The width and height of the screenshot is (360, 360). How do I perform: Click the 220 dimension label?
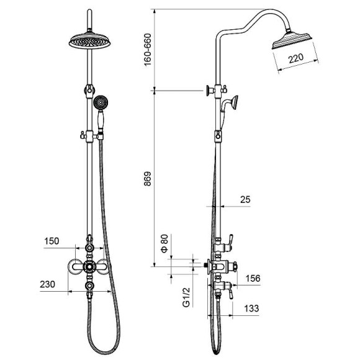pyautogui.click(x=296, y=58)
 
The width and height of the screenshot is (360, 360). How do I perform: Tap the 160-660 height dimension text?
pyautogui.click(x=148, y=50)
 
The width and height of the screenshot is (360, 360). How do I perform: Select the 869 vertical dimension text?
pyautogui.click(x=148, y=179)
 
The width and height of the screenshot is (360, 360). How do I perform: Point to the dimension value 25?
pyautogui.click(x=245, y=199)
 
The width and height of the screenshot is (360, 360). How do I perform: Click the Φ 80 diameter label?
pyautogui.click(x=164, y=243)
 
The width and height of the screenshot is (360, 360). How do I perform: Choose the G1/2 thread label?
pyautogui.click(x=186, y=297)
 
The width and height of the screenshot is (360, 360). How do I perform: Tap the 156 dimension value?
pyautogui.click(x=253, y=278)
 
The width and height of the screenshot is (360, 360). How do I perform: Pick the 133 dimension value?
pyautogui.click(x=251, y=308)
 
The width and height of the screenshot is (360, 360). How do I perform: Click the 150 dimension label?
pyautogui.click(x=52, y=241)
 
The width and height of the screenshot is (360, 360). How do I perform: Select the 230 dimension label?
pyautogui.click(x=48, y=284)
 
